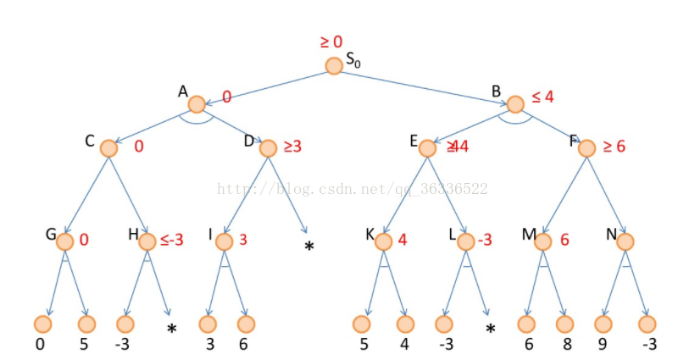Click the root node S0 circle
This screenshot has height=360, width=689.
[x=334, y=66]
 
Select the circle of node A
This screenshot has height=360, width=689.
[x=197, y=104]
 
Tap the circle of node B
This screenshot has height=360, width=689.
[x=514, y=104]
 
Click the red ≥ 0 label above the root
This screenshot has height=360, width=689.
[x=331, y=42]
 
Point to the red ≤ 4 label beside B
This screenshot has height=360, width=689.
[x=542, y=97]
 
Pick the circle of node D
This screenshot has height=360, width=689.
[x=268, y=148]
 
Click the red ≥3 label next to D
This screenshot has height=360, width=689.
[x=292, y=147]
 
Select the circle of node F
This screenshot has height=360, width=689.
[x=586, y=148]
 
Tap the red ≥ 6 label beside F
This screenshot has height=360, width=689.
[x=614, y=147]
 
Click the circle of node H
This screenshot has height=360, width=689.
[x=147, y=241]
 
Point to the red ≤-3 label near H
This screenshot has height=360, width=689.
[x=171, y=240]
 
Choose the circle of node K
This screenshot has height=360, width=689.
[x=383, y=241]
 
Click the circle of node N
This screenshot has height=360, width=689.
[x=625, y=241]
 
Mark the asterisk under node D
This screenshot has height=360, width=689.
[x=309, y=246]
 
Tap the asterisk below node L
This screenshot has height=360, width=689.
[x=489, y=329]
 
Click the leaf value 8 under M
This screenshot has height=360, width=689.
[x=564, y=345]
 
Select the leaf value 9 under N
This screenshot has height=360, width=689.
[x=603, y=345]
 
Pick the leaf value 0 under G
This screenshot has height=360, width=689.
[x=40, y=345]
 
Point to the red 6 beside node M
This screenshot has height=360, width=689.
[x=564, y=240]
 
